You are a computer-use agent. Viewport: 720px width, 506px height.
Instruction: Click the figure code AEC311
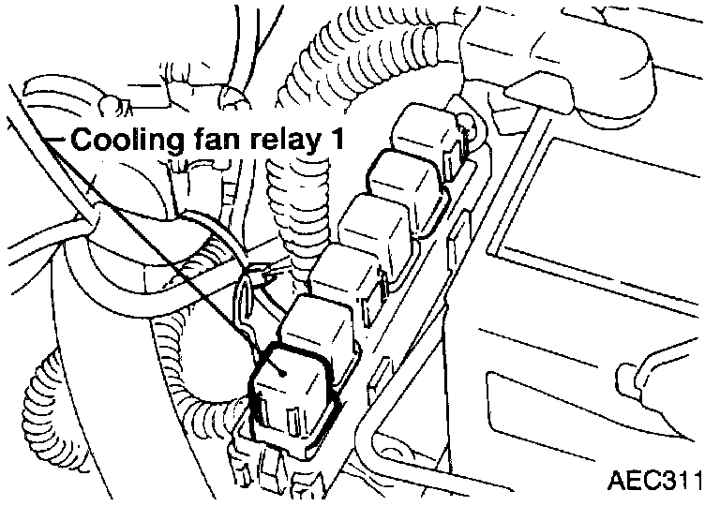pos(654,482)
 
